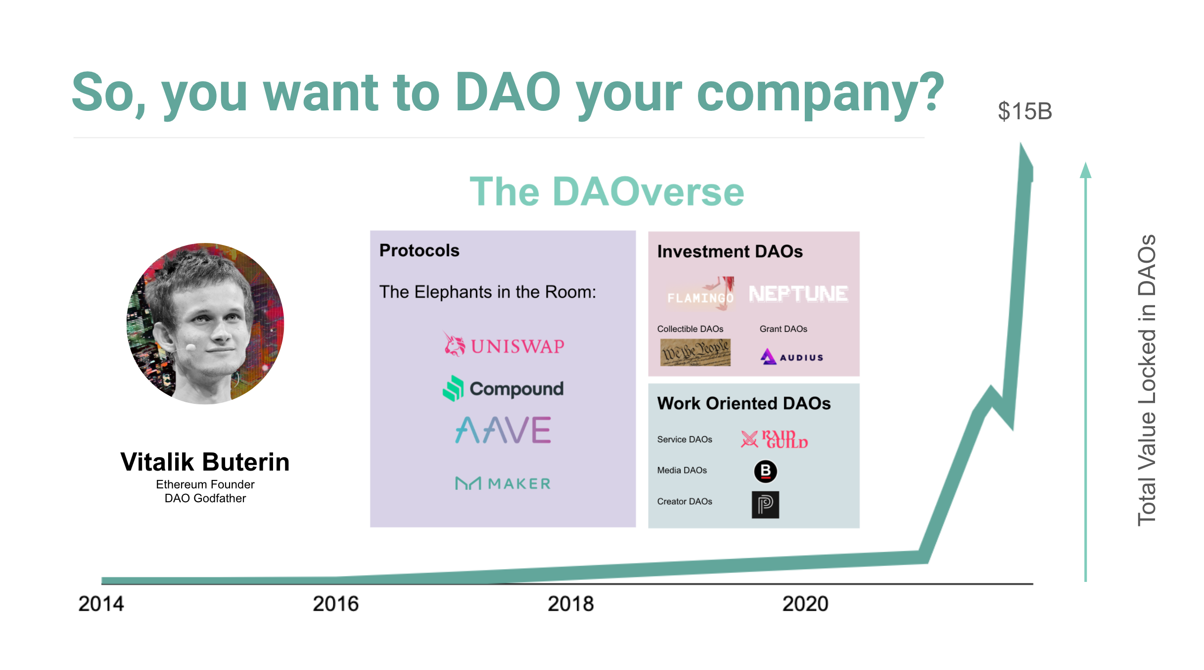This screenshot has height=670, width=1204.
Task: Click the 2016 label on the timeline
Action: (335, 604)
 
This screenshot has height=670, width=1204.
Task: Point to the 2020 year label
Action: (805, 604)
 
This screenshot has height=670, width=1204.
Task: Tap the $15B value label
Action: (1024, 111)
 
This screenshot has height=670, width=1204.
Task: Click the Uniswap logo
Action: (504, 345)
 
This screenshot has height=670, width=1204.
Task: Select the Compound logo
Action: (503, 388)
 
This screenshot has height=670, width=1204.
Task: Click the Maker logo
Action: (503, 483)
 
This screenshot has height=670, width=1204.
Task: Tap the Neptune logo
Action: (798, 294)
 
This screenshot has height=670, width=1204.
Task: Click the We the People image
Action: (695, 352)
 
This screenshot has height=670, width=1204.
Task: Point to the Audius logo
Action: (791, 357)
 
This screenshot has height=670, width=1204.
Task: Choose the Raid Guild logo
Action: (774, 439)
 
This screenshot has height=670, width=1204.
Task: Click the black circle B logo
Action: (765, 471)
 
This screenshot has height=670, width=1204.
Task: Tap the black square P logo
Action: (765, 505)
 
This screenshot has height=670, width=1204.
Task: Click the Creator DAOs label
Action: (684, 501)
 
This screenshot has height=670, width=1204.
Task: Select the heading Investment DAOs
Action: (730, 251)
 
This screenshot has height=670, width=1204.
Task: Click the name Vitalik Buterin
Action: (205, 462)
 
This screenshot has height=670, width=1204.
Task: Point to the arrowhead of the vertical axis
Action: (1085, 170)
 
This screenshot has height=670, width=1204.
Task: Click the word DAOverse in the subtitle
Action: (648, 192)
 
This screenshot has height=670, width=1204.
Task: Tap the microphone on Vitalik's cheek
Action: (190, 347)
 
